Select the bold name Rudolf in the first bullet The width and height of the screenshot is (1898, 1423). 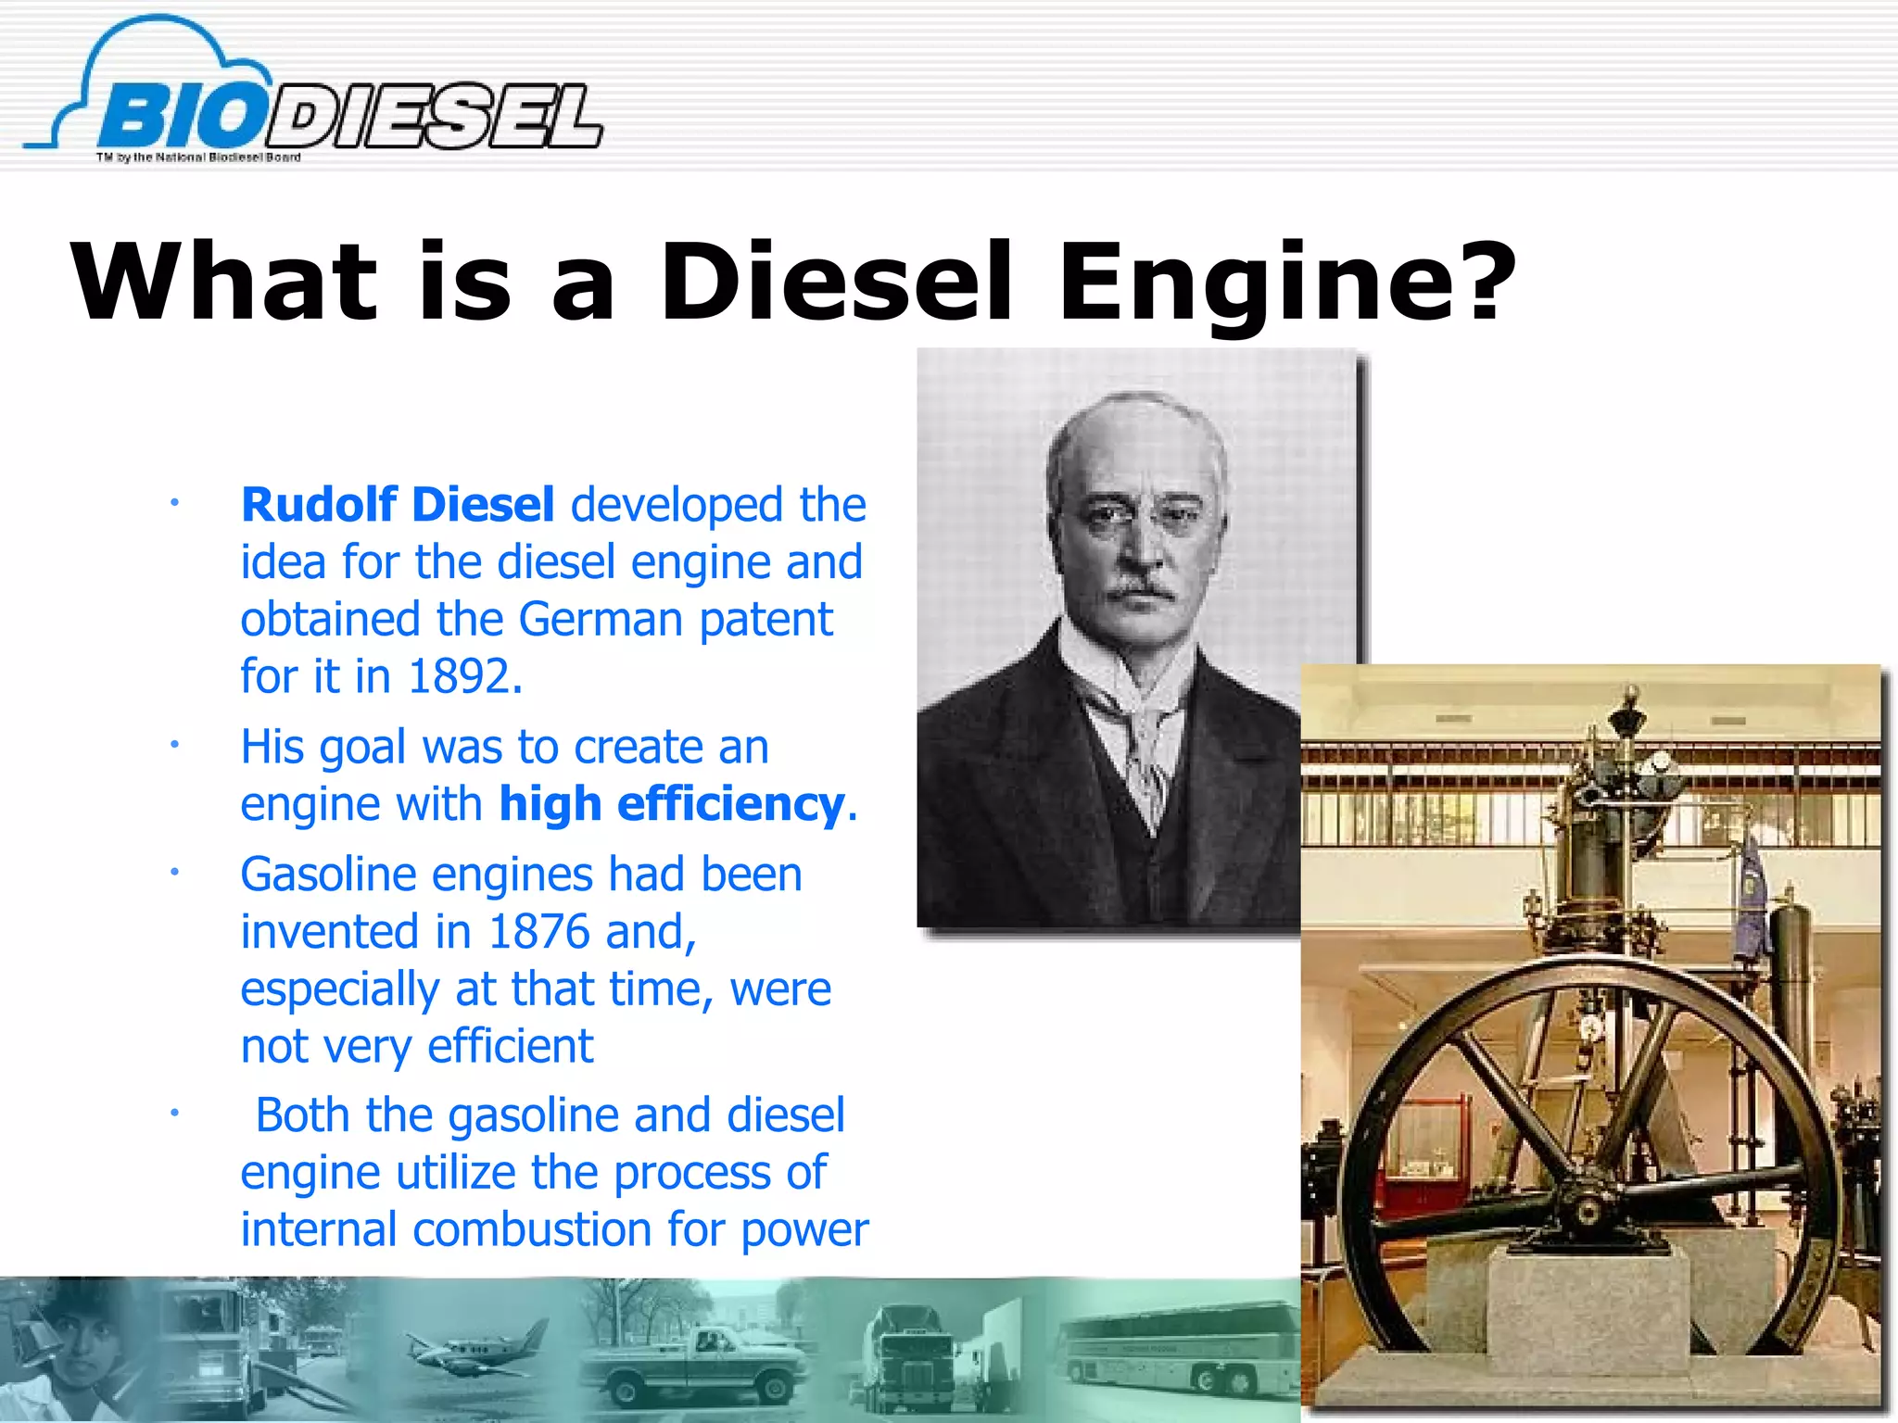(x=318, y=505)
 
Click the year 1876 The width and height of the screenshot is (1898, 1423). (x=538, y=932)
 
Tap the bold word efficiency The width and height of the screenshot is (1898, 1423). (x=730, y=804)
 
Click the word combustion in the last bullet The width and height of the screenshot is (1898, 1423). (x=532, y=1230)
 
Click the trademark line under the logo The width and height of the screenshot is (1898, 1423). (x=198, y=157)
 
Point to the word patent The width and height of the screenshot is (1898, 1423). (x=766, y=619)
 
